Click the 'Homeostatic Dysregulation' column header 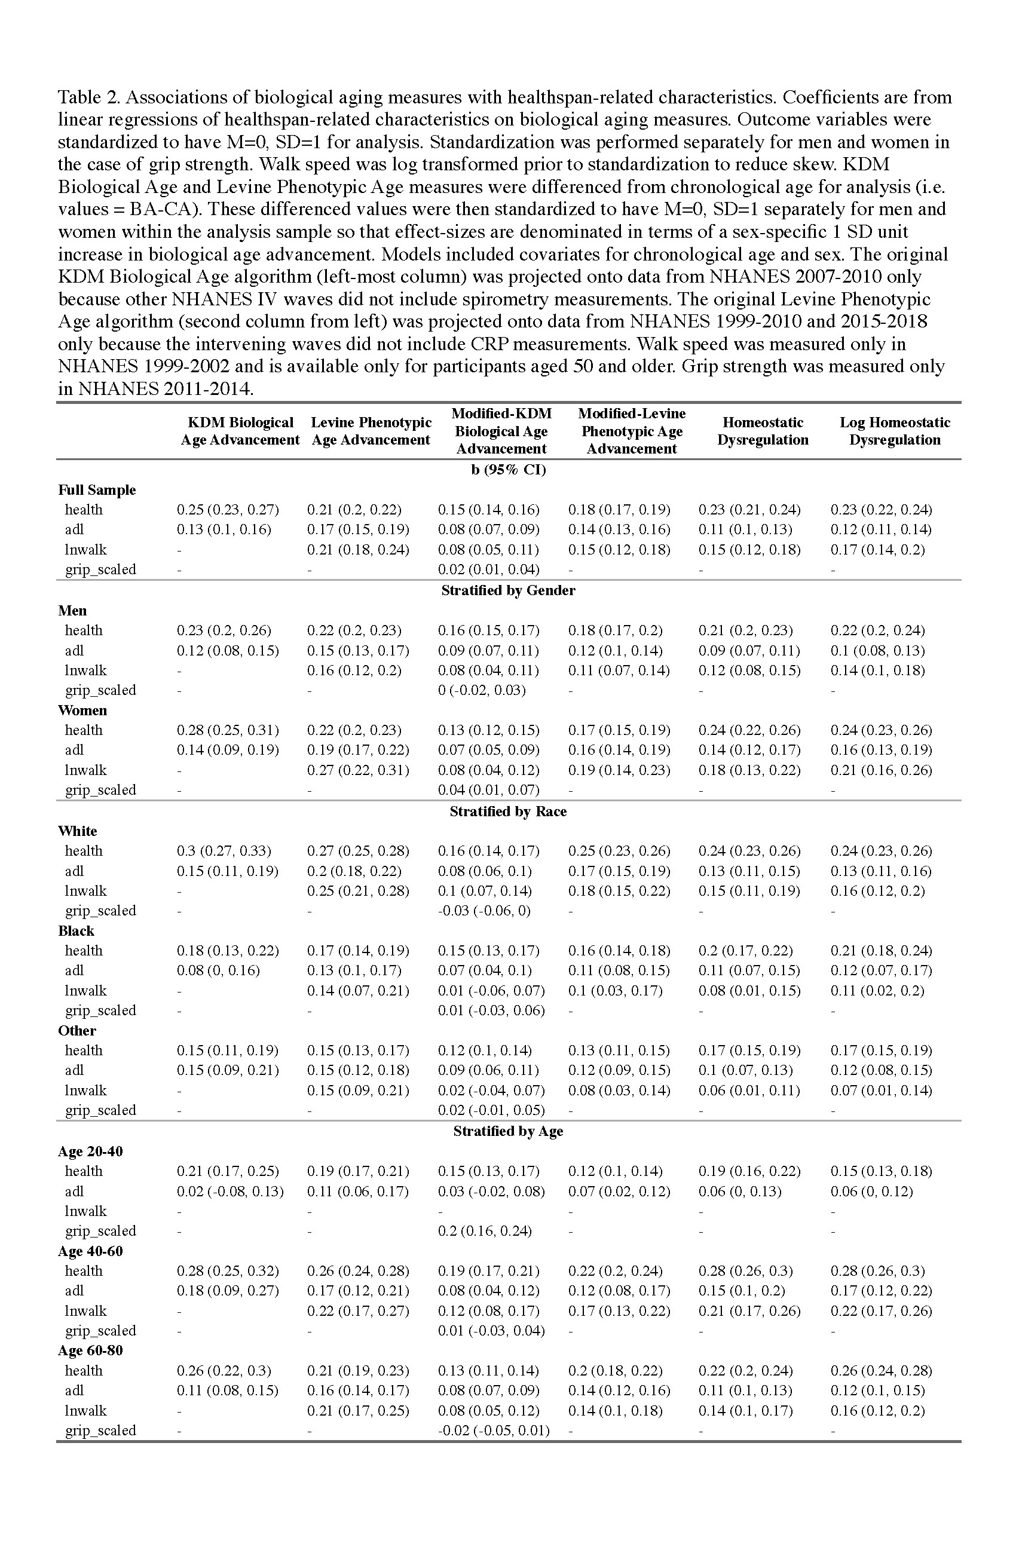[x=762, y=431]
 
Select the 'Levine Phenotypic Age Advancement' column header [x=371, y=431]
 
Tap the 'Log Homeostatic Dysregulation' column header [x=894, y=431]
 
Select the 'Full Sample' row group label [x=97, y=490]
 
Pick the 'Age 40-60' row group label [x=90, y=1251]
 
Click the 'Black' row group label [x=76, y=930]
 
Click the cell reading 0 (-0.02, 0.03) [x=482, y=690]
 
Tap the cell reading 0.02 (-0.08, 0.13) [x=229, y=1191]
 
